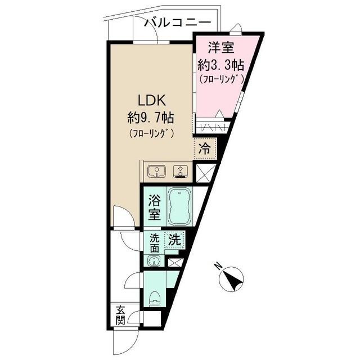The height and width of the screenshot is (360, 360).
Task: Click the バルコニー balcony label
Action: pyautogui.click(x=178, y=23)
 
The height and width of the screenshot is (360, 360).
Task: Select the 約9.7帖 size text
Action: pyautogui.click(x=150, y=118)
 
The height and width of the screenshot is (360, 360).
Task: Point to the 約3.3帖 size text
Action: pyautogui.click(x=220, y=65)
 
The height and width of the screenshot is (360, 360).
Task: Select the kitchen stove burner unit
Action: pyautogui.click(x=179, y=170)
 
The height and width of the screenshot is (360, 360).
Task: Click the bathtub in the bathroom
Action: pyautogui.click(x=181, y=206)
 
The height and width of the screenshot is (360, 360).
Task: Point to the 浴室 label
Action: pyautogui.click(x=154, y=206)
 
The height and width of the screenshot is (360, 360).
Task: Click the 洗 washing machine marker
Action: pyautogui.click(x=174, y=239)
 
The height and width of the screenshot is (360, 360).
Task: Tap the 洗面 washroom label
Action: pyautogui.click(x=154, y=243)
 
